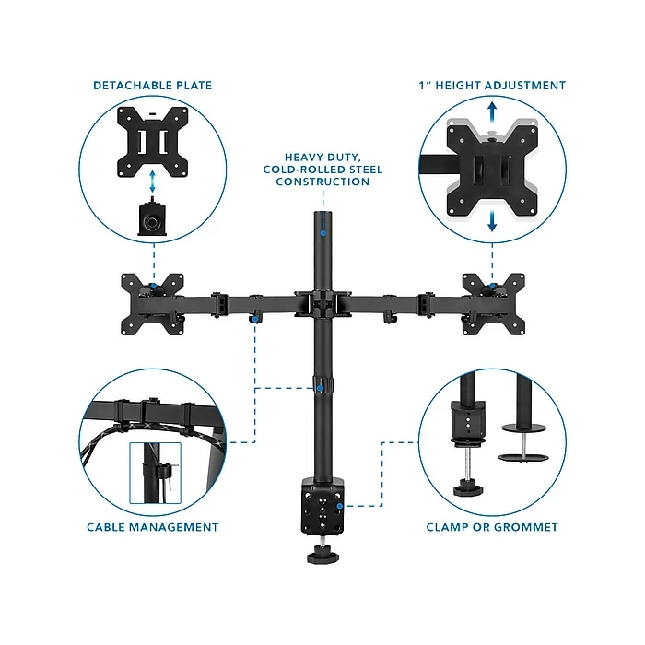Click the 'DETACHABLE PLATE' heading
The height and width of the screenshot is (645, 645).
[152, 86]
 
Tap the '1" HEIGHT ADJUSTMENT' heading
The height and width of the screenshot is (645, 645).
[492, 86]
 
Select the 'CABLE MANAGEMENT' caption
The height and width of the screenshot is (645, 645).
[152, 527]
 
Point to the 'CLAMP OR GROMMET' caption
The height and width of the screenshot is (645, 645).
[492, 527]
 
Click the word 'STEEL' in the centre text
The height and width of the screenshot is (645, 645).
[347, 170]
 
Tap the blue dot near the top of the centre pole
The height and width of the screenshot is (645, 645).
[322, 234]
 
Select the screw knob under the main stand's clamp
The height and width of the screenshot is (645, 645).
[322, 552]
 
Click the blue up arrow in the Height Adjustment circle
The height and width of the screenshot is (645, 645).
[494, 111]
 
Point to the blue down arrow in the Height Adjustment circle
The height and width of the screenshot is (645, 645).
[494, 221]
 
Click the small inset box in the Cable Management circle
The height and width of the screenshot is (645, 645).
[154, 473]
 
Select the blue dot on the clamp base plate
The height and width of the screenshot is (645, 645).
[340, 506]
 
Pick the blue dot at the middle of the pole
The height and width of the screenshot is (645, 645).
[319, 390]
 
